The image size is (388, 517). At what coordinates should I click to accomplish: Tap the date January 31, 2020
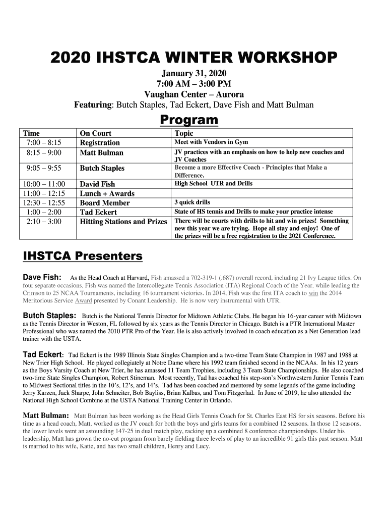[x=194, y=74]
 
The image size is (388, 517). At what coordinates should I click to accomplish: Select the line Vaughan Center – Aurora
[x=194, y=94]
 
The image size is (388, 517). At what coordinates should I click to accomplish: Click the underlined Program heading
[x=189, y=120]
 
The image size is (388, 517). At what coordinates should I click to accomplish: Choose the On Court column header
[x=96, y=133]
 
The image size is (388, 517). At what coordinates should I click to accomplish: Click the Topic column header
[x=184, y=133]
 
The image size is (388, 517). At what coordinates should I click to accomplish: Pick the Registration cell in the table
[x=100, y=143]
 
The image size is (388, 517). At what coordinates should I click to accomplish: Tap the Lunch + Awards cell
[x=107, y=193]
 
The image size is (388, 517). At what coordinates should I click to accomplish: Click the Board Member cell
[x=105, y=203]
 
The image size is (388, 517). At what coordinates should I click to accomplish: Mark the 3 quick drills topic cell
[x=192, y=203]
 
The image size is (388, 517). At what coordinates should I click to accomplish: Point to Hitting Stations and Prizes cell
[x=123, y=222]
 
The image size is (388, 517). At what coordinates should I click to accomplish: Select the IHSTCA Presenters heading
[x=83, y=256]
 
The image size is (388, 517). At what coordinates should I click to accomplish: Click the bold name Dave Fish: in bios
[x=42, y=277]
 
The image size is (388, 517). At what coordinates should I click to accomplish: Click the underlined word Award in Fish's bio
[x=84, y=300]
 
